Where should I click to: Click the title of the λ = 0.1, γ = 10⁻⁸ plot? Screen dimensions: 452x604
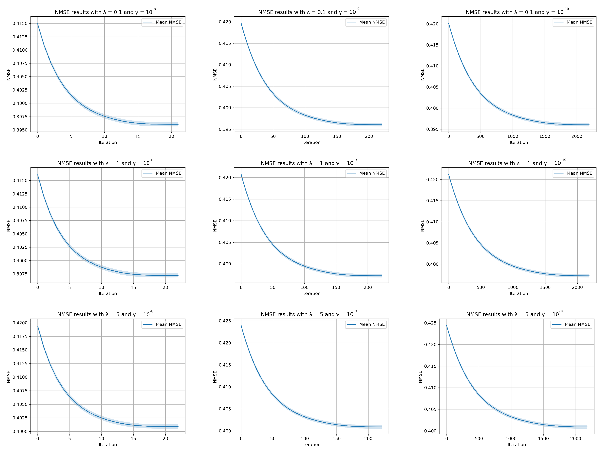click(x=105, y=12)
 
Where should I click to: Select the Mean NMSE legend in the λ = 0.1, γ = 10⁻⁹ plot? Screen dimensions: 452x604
click(x=366, y=22)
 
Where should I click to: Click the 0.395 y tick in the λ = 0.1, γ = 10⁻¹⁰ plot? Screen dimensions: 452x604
click(x=432, y=129)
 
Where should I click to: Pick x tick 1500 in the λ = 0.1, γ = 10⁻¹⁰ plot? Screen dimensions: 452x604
click(x=544, y=136)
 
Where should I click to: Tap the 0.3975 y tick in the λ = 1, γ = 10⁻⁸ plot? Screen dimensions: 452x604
click(x=20, y=274)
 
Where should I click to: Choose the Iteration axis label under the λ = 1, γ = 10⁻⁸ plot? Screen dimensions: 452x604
click(x=108, y=293)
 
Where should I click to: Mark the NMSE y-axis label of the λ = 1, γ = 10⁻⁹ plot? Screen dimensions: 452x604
click(x=215, y=225)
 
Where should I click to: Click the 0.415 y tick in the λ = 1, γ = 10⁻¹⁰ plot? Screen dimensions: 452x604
click(x=432, y=201)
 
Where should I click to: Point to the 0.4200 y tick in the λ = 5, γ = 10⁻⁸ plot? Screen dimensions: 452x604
click(x=20, y=323)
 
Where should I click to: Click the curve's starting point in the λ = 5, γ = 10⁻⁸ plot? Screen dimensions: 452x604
click(x=38, y=326)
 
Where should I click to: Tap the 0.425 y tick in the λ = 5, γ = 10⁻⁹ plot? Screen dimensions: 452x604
click(x=225, y=321)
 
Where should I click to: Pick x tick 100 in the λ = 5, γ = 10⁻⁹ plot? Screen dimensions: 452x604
click(x=305, y=438)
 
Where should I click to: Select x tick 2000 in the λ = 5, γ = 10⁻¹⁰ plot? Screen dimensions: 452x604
click(x=575, y=438)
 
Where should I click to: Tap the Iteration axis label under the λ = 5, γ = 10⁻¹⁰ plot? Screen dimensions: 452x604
click(x=517, y=444)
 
